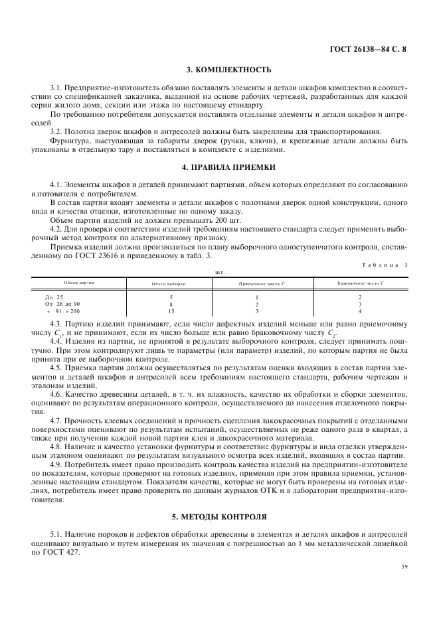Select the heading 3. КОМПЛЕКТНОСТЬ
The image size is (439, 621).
point(220,70)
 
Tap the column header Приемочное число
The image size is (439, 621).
point(262,283)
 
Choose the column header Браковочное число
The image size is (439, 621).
point(359,283)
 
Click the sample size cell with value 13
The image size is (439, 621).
point(171,310)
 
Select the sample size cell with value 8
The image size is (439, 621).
point(171,304)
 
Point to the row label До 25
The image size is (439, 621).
point(54,297)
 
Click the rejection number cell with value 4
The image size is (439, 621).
point(360,310)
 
